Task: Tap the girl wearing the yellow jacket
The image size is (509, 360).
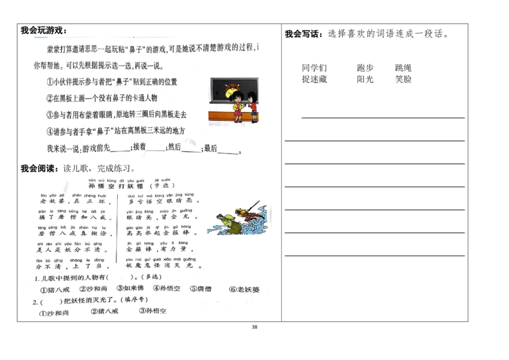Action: click(x=237, y=106)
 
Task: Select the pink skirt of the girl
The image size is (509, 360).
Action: click(x=238, y=113)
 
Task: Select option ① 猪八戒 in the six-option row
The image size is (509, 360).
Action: click(x=52, y=290)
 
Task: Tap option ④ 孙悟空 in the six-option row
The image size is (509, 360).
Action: click(x=167, y=289)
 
